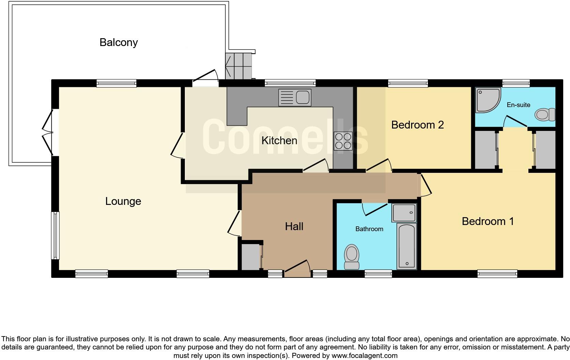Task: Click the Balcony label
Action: point(119,43)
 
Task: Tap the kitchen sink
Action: point(295,97)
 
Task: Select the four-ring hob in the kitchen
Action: point(343,141)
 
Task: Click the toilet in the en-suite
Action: point(545,115)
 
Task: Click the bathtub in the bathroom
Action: point(407,246)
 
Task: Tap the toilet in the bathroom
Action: point(352,258)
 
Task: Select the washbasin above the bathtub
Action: point(404,213)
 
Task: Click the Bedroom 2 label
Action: point(417,125)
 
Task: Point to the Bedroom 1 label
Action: point(487,221)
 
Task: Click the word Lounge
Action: point(123,201)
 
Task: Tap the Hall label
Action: point(294,226)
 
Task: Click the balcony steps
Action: point(239,65)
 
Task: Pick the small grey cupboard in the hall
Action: point(251,257)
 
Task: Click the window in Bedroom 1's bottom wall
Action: point(497,273)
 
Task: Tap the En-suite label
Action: point(518,105)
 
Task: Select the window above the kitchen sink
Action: point(290,83)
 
